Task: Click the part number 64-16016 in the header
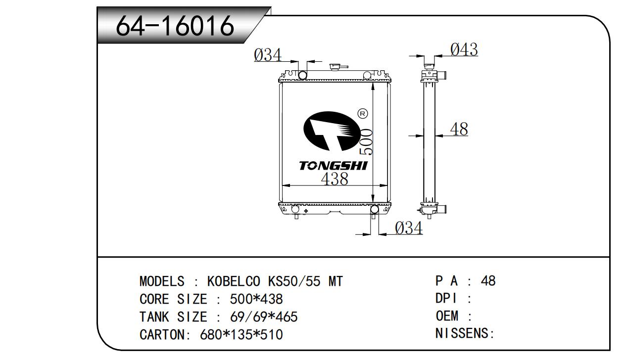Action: click(175, 26)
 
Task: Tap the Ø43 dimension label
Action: click(464, 49)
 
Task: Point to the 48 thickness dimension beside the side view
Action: click(459, 129)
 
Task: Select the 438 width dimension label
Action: click(335, 179)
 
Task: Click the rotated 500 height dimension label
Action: click(366, 141)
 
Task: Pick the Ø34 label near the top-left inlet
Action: click(268, 55)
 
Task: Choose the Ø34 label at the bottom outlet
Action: click(409, 228)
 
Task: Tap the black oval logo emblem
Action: click(332, 131)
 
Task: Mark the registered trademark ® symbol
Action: click(362, 113)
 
